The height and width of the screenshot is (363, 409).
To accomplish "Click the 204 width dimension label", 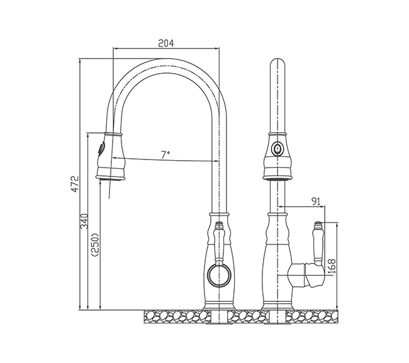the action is pos(166,43).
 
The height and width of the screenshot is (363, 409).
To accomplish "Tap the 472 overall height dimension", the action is pos(75,184).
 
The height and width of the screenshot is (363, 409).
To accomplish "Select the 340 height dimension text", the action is pos(84,222).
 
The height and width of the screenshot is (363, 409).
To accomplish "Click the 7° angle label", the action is pos(165,154).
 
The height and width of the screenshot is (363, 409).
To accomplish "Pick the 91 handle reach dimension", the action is pos(316,201).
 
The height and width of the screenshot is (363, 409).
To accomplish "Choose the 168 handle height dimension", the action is pos(331,267).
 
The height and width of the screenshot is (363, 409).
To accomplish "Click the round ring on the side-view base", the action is pos(219,275).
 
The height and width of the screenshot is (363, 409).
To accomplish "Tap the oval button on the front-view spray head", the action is pos(277,149).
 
